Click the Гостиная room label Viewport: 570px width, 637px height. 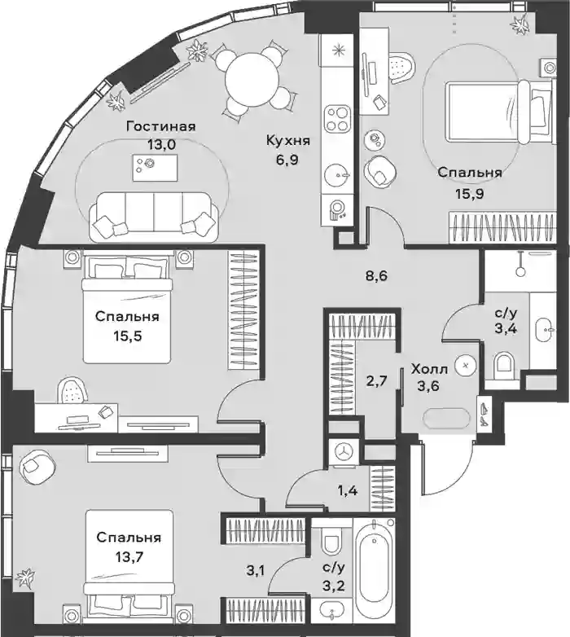point(160,127)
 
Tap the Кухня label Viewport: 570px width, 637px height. point(287,141)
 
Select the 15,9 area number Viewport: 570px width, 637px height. point(470,194)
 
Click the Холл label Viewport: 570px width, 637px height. point(429,370)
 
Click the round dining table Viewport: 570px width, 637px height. point(252,80)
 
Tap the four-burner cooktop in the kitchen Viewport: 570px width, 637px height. point(337,118)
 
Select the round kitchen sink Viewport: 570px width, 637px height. point(337,175)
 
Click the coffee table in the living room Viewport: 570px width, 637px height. point(155,168)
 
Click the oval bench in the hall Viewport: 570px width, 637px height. point(446,417)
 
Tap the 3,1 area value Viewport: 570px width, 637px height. point(255,571)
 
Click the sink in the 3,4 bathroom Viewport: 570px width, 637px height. point(544,330)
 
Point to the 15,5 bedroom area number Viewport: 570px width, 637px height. point(129,336)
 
